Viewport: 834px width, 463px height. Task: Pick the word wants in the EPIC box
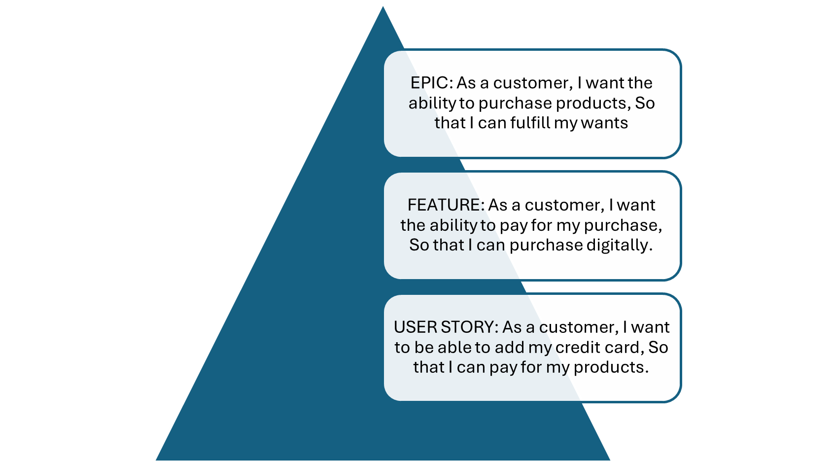coord(604,123)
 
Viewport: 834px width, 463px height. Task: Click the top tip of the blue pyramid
coord(383,4)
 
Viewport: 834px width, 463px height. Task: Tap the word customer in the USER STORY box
coord(579,327)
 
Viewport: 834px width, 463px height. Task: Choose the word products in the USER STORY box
coord(611,367)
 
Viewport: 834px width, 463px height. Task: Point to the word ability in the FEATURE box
coord(453,225)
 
